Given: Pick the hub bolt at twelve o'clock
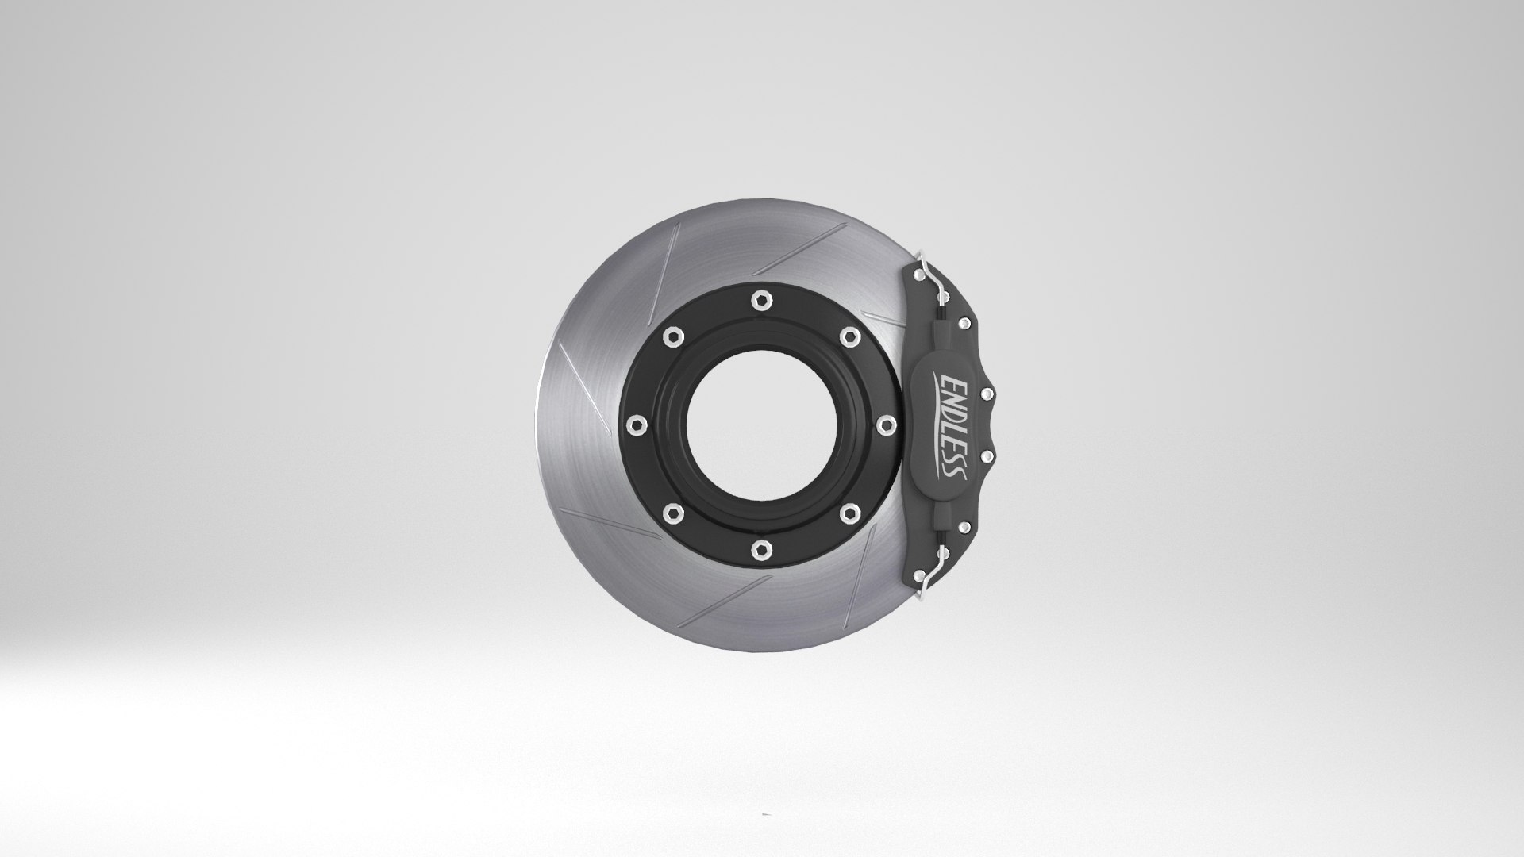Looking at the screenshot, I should [760, 299].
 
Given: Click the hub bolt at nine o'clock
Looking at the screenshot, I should [635, 425].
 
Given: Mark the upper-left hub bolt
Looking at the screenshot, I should [672, 335].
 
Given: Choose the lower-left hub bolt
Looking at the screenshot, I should [672, 512].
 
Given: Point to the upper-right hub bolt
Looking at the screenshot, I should [848, 335].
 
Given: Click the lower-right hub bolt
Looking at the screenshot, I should [848, 512].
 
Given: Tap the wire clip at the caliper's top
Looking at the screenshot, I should [933, 278].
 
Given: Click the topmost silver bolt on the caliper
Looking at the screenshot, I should [918, 273].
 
